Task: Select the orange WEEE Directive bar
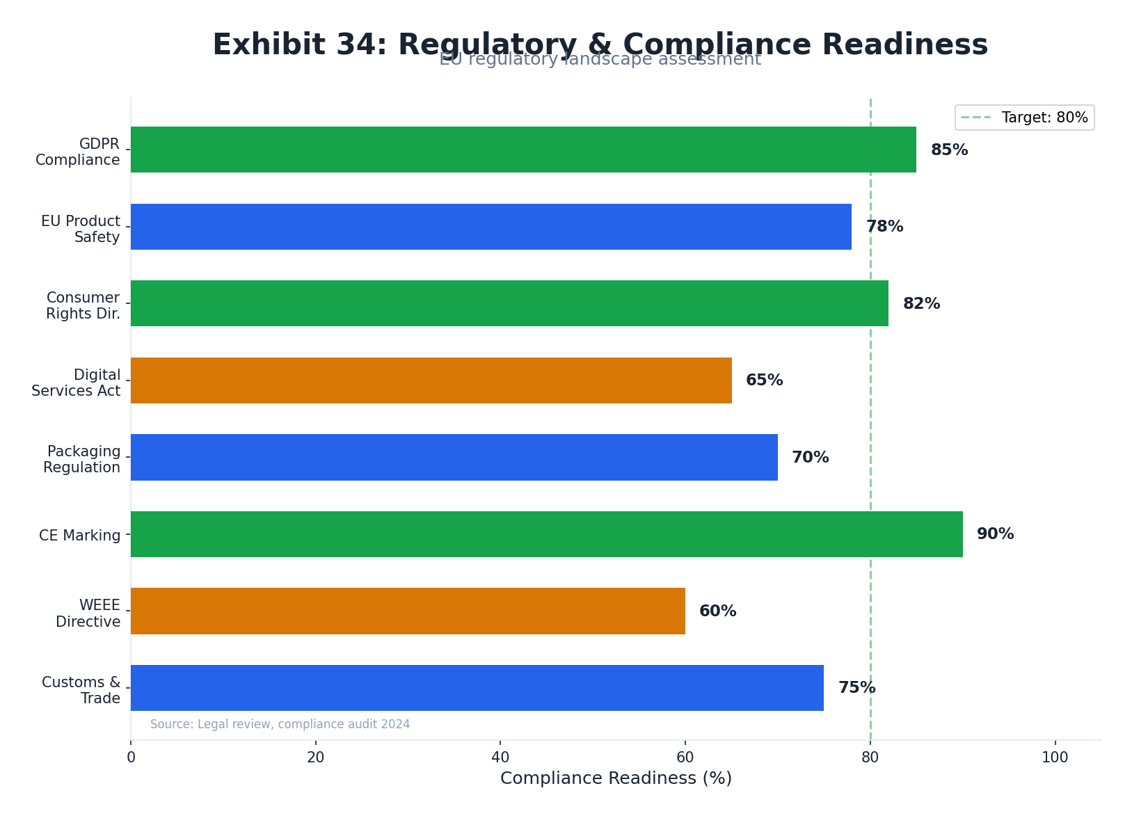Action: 408,611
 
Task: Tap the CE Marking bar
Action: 546,534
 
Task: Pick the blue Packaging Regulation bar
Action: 454,457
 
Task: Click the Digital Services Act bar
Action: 431,380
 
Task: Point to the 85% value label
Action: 949,150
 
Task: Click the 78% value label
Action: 884,227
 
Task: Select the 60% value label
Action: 717,611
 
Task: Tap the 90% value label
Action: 995,534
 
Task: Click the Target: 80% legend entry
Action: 1024,118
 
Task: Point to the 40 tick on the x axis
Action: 500,757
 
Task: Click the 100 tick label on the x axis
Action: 1055,757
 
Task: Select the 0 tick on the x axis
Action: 131,757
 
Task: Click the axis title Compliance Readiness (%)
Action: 616,778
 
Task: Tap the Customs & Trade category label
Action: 81,690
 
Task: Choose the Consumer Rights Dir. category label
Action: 83,306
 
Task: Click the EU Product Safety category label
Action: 81,229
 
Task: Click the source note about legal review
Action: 280,724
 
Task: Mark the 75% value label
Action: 856,688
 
